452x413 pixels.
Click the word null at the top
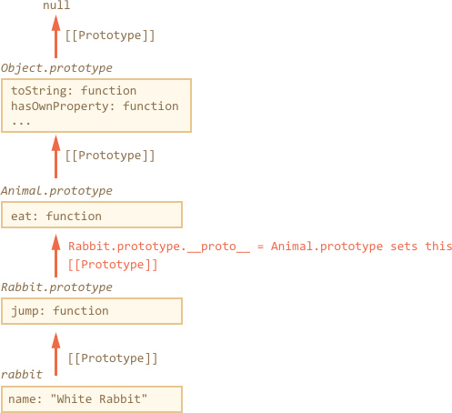pyautogui.click(x=56, y=5)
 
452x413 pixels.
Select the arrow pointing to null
pyautogui.click(x=55, y=36)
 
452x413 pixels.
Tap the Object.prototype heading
pyautogui.click(x=56, y=68)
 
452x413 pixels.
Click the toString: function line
pyautogui.click(x=74, y=91)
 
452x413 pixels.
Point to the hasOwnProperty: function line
pyautogui.click(x=95, y=106)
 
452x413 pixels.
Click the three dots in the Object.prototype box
pyautogui.click(x=21, y=123)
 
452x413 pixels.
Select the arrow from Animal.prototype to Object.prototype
pyautogui.click(x=55, y=156)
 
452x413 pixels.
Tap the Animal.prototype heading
pyautogui.click(x=56, y=191)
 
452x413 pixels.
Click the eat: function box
pyautogui.click(x=92, y=215)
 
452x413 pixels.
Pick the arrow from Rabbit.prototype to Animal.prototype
pyautogui.click(x=55, y=256)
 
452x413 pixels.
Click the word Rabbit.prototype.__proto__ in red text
pyautogui.click(x=159, y=247)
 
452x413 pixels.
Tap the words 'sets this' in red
pyautogui.click(x=421, y=247)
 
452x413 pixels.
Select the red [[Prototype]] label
pyautogui.click(x=113, y=265)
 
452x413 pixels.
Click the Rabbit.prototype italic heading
pyautogui.click(x=56, y=287)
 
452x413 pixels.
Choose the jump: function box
pyautogui.click(x=92, y=311)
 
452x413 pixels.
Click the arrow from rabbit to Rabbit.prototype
pyautogui.click(x=55, y=354)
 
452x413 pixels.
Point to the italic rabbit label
pyautogui.click(x=22, y=375)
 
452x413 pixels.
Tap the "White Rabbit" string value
pyautogui.click(x=99, y=398)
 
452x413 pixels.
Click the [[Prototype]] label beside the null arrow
pyautogui.click(x=110, y=35)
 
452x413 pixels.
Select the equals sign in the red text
pyautogui.click(x=260, y=247)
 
